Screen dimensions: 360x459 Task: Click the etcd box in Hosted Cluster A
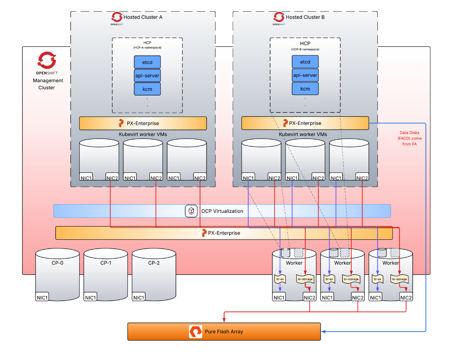147,62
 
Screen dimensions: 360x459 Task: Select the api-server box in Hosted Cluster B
305,75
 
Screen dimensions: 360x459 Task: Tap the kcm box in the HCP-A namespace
147,89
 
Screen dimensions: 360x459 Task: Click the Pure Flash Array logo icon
195,332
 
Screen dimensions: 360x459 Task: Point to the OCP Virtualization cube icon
191,211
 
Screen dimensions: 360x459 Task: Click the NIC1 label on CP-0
42,297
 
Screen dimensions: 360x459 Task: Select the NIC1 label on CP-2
138,297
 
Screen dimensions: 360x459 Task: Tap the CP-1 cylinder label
106,263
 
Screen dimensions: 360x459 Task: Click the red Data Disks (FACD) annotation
409,138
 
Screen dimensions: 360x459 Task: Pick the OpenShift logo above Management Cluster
47,60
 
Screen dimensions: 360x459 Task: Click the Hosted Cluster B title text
305,17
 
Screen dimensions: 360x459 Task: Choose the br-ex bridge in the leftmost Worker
280,279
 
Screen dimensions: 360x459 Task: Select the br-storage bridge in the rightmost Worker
399,279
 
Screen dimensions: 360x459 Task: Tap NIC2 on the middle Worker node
357,297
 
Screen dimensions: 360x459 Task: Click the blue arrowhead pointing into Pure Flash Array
323,332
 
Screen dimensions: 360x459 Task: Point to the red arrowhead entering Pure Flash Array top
224,320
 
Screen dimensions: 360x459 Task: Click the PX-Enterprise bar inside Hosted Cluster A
143,123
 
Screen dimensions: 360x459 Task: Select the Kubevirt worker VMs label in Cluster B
303,134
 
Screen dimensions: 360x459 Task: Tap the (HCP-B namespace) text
305,49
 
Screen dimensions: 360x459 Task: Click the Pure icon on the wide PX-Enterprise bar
204,233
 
